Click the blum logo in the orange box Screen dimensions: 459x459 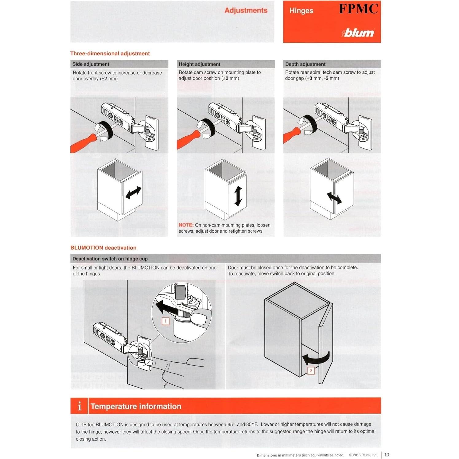[358, 33]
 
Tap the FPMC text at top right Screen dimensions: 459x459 [358, 9]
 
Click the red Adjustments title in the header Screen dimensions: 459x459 [246, 10]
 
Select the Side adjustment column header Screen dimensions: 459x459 [91, 64]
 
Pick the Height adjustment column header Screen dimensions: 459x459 [200, 64]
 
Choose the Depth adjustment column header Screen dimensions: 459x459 [305, 64]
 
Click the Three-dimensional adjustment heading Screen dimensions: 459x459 [110, 53]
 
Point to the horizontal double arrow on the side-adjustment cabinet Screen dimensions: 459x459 [134, 193]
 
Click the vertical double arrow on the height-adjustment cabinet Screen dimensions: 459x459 [238, 196]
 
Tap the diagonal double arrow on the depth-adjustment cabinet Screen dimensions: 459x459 [334, 198]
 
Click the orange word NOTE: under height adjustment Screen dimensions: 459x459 [186, 225]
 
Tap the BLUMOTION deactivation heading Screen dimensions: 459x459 [103, 248]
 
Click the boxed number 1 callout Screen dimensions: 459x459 [165, 321]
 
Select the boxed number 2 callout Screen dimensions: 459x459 [311, 371]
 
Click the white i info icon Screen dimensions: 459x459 [80, 406]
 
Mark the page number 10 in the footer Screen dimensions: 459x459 [387, 455]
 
